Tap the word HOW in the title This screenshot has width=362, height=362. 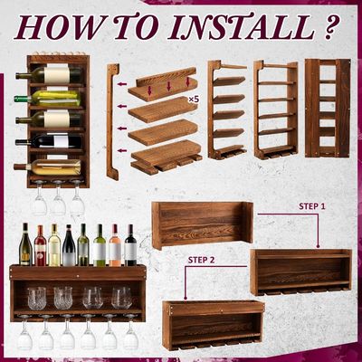pos(62,27)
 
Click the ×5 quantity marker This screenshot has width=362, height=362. pos(193,98)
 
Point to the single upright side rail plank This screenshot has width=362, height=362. pos(112,122)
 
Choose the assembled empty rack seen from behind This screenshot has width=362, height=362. pos(327,108)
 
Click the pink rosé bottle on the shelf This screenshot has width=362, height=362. pos(114,245)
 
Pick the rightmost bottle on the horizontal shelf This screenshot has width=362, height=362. pos(130,245)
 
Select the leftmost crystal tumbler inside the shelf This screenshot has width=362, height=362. pos(36,297)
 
